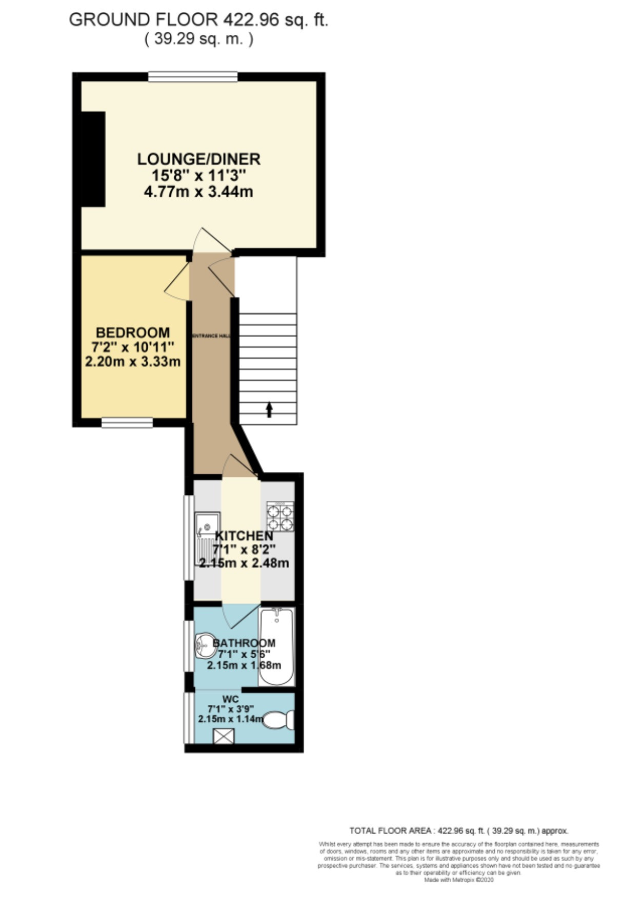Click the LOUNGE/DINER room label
[198, 159]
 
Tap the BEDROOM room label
[133, 332]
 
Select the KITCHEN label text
[244, 536]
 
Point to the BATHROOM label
[244, 643]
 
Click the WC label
[230, 699]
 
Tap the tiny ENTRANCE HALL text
[211, 336]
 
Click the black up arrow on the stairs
[269, 410]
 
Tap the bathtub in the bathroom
[276, 646]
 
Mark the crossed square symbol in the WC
[224, 736]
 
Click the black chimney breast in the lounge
[93, 159]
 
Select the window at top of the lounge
[193, 77]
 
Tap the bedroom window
[127, 423]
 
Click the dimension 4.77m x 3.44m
[198, 192]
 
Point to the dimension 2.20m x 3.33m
[133, 362]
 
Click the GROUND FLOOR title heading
[198, 20]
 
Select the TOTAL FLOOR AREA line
[458, 831]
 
